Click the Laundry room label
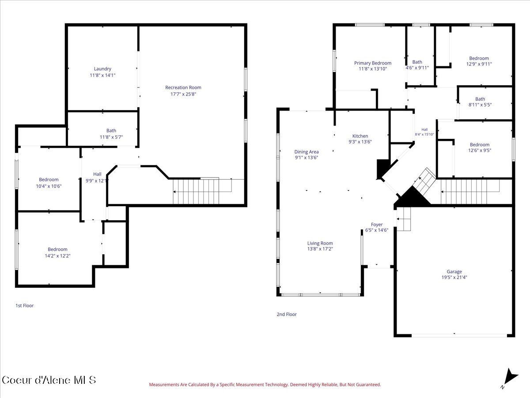pyautogui.click(x=102, y=69)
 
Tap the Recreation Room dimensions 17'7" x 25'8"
pyautogui.click(x=183, y=94)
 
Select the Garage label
pyautogui.click(x=454, y=272)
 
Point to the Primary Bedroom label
pyautogui.click(x=373, y=63)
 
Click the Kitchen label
pyautogui.click(x=360, y=136)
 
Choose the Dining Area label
pyautogui.click(x=307, y=152)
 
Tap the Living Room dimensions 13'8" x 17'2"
pyautogui.click(x=320, y=249)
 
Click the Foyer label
pyautogui.click(x=377, y=225)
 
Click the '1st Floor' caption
pyautogui.click(x=25, y=306)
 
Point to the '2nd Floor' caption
pyautogui.click(x=287, y=314)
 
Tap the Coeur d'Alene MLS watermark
pyautogui.click(x=49, y=380)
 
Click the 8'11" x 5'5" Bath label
pyautogui.click(x=480, y=102)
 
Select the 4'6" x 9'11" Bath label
pyautogui.click(x=417, y=65)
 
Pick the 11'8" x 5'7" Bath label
pyautogui.click(x=111, y=134)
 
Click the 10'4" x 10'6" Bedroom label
pyautogui.click(x=49, y=183)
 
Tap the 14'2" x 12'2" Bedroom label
pyautogui.click(x=57, y=253)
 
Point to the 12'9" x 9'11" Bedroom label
pyautogui.click(x=479, y=61)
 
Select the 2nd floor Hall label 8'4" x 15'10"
pyautogui.click(x=424, y=132)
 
